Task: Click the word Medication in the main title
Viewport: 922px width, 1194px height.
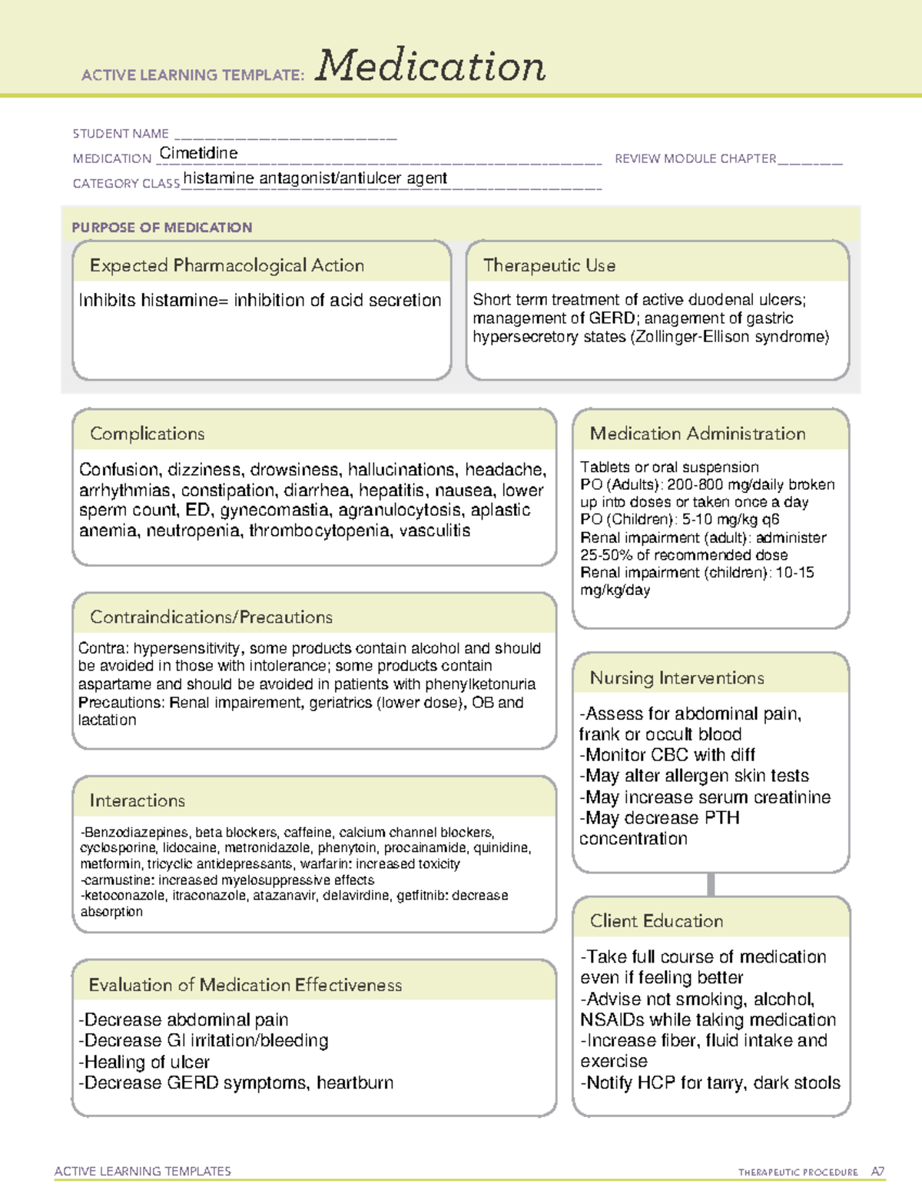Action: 430,66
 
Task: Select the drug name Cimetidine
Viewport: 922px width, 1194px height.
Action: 198,153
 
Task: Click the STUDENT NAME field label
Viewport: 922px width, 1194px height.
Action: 121,134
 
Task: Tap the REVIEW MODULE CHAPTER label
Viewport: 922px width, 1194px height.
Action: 695,158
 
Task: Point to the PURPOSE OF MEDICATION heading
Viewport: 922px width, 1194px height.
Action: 162,228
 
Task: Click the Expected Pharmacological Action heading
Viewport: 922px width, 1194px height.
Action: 227,265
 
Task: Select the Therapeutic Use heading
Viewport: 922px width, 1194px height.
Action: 549,265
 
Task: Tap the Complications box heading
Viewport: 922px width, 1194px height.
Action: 148,434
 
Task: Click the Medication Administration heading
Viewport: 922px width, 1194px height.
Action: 698,434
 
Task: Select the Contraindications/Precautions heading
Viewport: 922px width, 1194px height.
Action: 211,617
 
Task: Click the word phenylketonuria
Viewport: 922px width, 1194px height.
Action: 480,684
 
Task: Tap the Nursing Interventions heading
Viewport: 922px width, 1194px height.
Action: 677,677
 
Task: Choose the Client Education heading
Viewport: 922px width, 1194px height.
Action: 656,920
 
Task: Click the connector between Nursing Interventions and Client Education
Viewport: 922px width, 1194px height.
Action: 711,884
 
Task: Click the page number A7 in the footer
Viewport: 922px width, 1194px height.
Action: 877,1172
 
